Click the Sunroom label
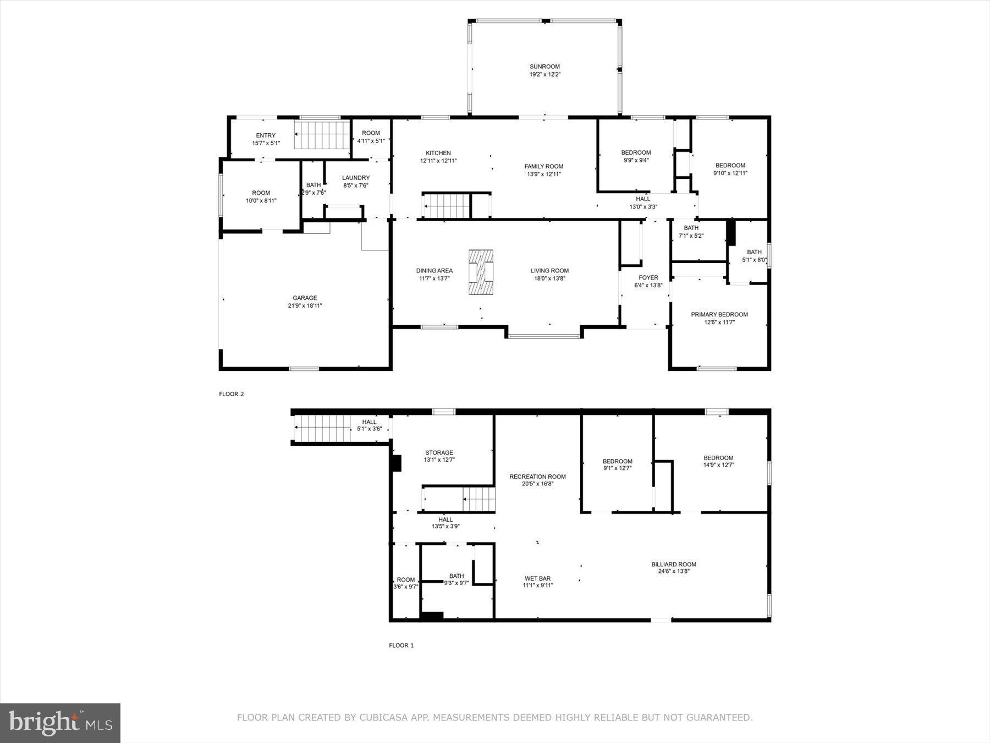coord(544,67)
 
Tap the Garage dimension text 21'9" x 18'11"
coord(305,305)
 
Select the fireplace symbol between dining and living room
coord(481,272)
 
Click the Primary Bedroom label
coord(719,314)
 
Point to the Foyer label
coord(648,277)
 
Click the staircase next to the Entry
coord(322,135)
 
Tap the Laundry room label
coord(355,178)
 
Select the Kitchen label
coord(438,153)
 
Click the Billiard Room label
coord(673,564)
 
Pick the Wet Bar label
coord(537,578)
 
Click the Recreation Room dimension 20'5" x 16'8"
coord(537,484)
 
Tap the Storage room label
coord(439,452)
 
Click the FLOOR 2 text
coord(231,394)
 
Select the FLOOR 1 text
coord(401,646)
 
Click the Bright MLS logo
coord(60,723)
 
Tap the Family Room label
coord(543,166)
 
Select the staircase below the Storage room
coord(479,500)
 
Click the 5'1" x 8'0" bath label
coord(754,253)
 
